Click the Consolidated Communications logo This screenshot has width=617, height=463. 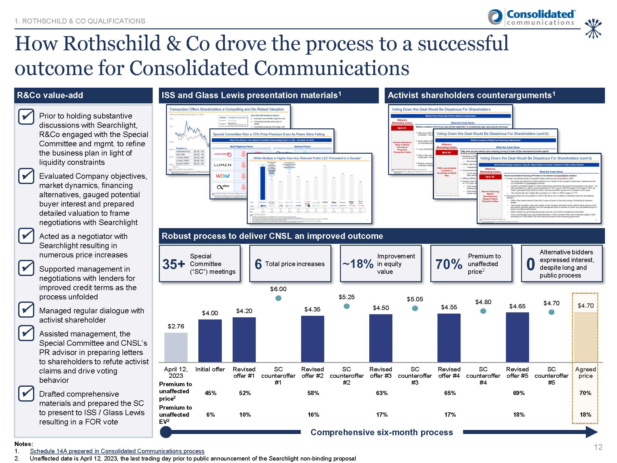[531, 17]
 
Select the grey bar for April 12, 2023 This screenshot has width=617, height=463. [176, 347]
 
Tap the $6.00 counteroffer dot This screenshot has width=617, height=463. [278, 298]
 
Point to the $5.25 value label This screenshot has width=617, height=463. [346, 297]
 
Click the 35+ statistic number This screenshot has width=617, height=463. [173, 264]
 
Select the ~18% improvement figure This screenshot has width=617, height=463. [358, 264]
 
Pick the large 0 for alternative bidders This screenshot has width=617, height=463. [530, 264]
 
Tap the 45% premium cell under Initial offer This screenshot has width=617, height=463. [210, 393]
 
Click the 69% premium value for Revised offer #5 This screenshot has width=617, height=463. [519, 393]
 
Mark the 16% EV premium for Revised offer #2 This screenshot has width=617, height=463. [313, 415]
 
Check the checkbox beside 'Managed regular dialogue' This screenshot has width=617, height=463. [26, 310]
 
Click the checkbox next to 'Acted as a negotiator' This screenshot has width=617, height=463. [26, 236]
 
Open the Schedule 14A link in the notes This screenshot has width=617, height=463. [117, 451]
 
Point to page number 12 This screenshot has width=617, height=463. [598, 447]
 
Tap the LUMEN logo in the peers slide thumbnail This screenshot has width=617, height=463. [223, 165]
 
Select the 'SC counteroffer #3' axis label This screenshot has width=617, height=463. [415, 376]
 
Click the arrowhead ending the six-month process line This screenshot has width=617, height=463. [592, 432]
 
